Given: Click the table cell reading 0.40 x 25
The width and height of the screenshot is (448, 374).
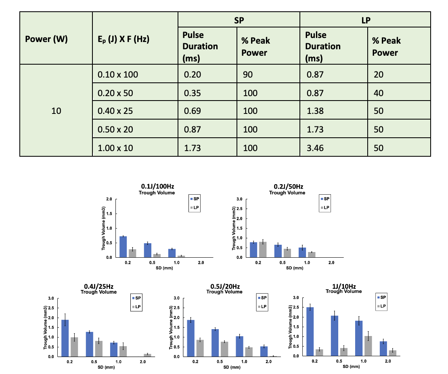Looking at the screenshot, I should coord(117,110).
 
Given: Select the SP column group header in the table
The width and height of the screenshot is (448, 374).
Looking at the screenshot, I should coord(239,19).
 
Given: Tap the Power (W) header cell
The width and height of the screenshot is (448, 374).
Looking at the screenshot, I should coord(46,39).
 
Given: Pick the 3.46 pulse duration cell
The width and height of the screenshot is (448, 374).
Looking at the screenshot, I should coord(315,147).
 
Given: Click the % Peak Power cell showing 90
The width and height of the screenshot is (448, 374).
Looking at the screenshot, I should coord(249,74).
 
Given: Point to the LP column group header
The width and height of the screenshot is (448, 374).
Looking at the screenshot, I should coord(365,19).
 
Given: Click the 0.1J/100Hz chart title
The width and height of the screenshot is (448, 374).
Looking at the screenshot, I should coord(157,187).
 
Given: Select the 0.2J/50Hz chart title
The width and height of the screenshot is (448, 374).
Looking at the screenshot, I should coord(288,187).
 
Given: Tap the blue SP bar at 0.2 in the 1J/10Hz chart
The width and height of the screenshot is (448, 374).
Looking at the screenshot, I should coord(310,332).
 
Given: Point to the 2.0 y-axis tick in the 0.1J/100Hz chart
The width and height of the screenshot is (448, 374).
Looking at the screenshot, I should coord(109,199).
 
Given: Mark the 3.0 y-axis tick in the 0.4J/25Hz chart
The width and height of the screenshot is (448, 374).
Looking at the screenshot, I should coord(51,298).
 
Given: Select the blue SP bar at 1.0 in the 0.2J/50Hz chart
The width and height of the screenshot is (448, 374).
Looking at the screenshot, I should coord(302,252).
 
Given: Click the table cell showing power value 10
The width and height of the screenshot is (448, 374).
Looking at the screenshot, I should coord(56,110).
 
